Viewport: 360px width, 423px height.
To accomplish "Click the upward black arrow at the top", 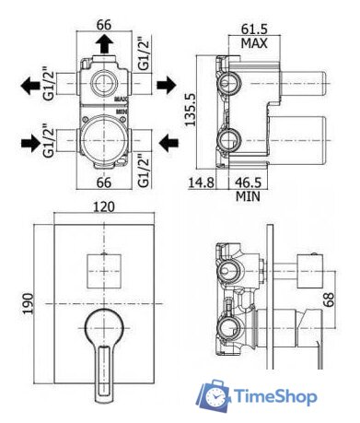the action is click(105, 43).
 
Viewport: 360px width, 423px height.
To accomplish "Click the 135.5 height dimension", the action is click(190, 110).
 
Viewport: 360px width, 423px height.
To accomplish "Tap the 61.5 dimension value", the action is click(254, 29).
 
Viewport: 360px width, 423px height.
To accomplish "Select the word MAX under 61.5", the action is click(254, 43).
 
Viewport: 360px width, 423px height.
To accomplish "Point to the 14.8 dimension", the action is click(201, 182).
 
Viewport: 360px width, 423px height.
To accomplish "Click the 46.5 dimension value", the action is click(248, 182).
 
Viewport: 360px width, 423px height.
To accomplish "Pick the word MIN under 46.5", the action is click(248, 195).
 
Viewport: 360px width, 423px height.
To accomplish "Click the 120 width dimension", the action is click(104, 206).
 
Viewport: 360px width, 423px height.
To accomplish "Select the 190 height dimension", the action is click(29, 303).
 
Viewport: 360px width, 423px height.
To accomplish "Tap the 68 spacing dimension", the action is click(328, 300).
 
